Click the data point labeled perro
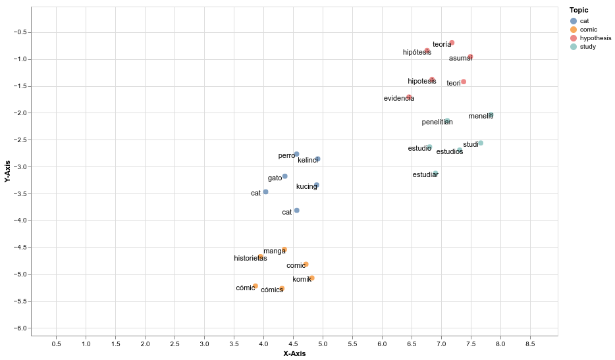296,154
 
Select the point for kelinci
317,159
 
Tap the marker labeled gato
284,176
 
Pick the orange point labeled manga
284,249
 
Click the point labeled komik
311,278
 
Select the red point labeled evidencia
409,97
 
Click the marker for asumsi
470,57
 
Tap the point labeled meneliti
490,115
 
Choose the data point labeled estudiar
435,174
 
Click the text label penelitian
437,122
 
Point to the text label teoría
442,45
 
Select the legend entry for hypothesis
595,38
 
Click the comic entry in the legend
589,30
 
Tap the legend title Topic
579,11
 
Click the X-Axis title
294,353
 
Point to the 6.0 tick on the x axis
382,344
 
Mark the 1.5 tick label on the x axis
115,344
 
